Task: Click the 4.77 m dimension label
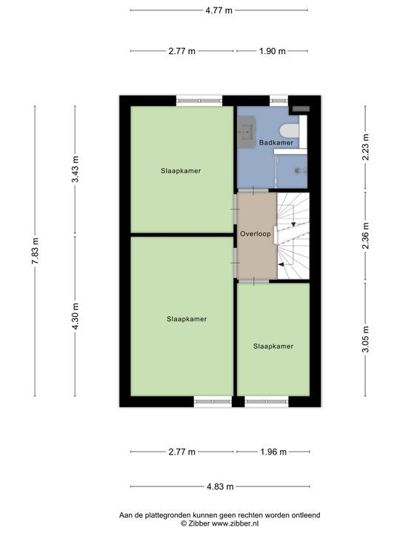click(219, 10)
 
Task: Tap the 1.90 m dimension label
click(272, 51)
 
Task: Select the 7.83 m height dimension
click(35, 251)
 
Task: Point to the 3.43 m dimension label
click(75, 169)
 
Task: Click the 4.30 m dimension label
click(75, 316)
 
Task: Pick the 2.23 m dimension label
click(365, 147)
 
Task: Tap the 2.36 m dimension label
click(365, 235)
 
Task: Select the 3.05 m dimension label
click(365, 339)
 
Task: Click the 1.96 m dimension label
click(273, 452)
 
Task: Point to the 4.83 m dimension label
click(220, 486)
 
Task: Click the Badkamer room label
click(276, 142)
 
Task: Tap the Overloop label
click(255, 233)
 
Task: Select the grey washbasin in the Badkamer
click(246, 132)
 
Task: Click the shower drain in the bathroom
click(299, 171)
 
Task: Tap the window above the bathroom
click(279, 101)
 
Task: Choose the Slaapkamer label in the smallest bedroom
click(273, 346)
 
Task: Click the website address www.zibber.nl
click(236, 523)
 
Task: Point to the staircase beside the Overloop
click(293, 236)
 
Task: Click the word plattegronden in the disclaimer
click(168, 515)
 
